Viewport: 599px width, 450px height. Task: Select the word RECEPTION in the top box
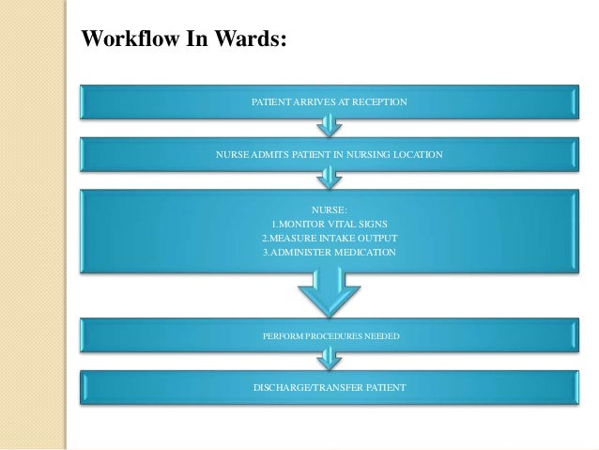376,100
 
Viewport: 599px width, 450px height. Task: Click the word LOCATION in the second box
414,152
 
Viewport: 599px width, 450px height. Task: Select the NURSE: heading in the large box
329,209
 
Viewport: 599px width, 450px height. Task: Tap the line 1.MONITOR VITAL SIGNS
329,224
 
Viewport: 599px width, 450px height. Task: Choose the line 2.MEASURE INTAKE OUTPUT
329,238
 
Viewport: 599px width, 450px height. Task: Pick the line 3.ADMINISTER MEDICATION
329,252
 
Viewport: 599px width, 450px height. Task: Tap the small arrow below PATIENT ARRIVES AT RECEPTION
329,123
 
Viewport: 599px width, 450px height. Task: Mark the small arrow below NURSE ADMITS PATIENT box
329,175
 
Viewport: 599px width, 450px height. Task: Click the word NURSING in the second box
361,152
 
